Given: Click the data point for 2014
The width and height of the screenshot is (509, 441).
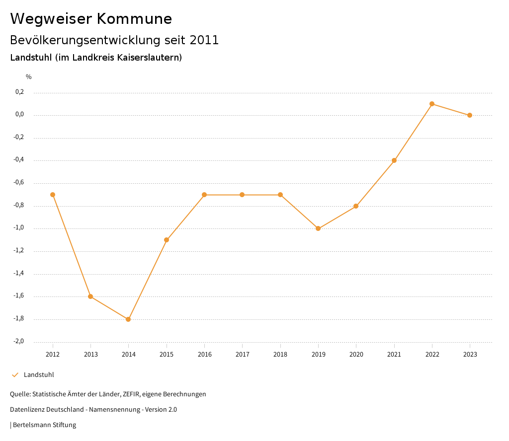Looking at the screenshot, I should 128,319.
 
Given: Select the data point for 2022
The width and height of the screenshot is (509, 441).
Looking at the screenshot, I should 432,104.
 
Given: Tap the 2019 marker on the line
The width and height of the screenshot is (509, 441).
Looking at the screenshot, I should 318,228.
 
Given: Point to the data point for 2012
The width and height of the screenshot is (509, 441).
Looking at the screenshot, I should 53,195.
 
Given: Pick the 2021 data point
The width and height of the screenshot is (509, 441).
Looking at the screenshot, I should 394,160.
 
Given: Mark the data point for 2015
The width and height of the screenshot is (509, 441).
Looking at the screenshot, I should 167,240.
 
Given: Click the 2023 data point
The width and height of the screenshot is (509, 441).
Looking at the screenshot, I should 470,115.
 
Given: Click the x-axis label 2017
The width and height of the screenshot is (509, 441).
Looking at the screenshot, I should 243,355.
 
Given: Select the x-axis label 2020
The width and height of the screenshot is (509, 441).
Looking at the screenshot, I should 356,355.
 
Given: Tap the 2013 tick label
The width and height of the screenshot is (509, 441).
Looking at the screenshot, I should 91,355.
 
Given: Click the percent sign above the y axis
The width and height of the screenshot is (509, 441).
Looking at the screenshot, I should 29,77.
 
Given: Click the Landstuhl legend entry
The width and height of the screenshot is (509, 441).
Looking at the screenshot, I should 39,375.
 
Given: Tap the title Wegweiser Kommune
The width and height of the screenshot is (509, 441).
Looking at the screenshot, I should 91,19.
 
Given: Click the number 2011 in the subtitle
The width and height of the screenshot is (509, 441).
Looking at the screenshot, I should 204,40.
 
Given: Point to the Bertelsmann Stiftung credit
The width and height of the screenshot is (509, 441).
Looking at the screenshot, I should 44,425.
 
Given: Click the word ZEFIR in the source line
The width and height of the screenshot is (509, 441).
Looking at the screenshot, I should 130,394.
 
